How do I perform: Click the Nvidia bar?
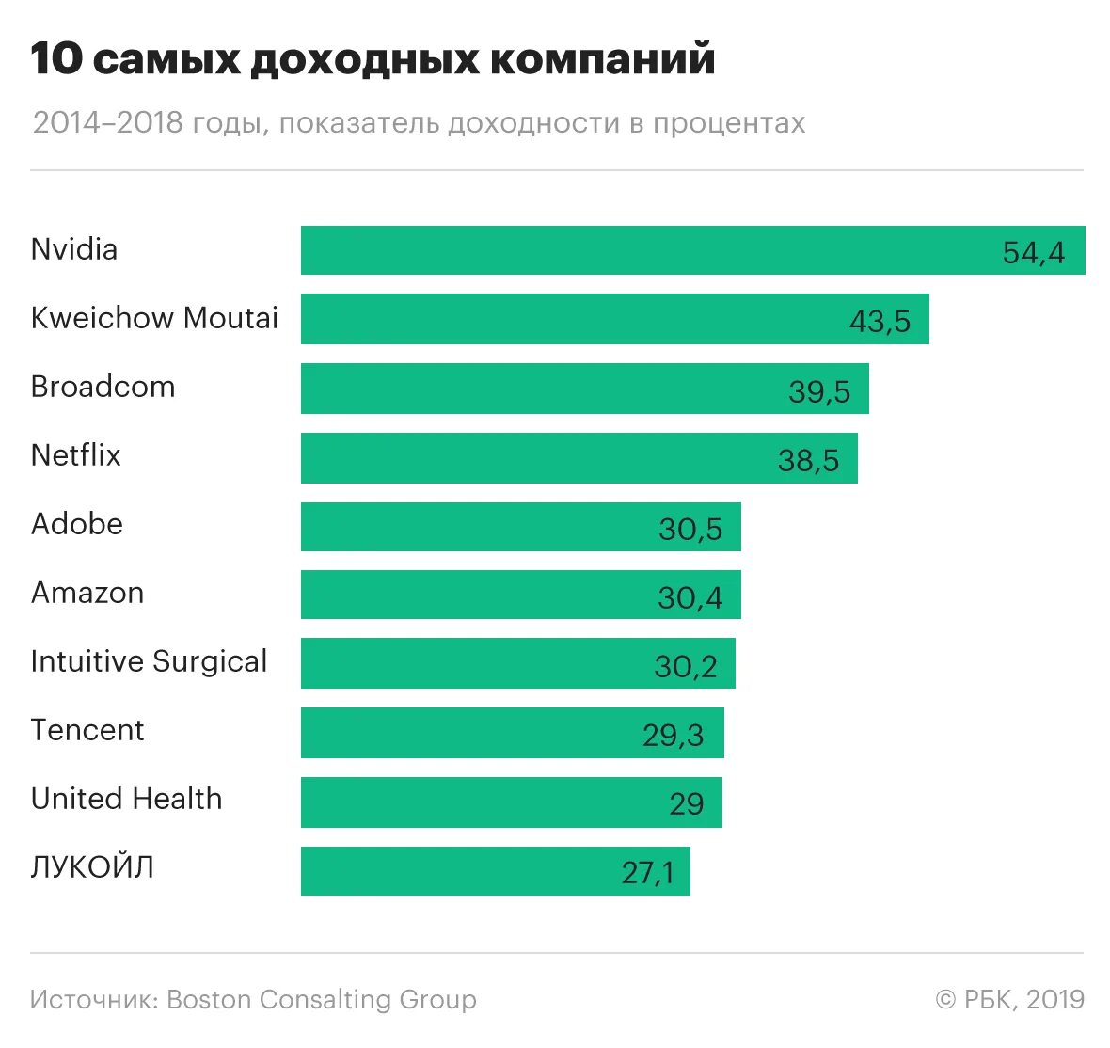point(692,250)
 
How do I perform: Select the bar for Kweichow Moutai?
point(614,319)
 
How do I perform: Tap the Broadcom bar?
point(584,389)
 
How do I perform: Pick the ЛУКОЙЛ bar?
point(495,871)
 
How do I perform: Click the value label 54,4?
point(1033,252)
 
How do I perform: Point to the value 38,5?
point(808,460)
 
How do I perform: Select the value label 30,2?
point(686,666)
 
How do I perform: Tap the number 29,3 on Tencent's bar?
point(673,735)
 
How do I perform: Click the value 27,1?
point(647,873)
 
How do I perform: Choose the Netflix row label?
point(76,455)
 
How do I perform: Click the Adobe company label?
point(77,524)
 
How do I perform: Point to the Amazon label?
point(87,593)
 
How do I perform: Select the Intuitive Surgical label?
point(149,661)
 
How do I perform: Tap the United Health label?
point(127,799)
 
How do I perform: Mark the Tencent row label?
point(87,730)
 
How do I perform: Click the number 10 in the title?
point(55,58)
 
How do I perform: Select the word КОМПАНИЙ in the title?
point(602,58)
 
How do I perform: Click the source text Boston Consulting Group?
point(322,999)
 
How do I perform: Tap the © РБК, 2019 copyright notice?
point(1010,999)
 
